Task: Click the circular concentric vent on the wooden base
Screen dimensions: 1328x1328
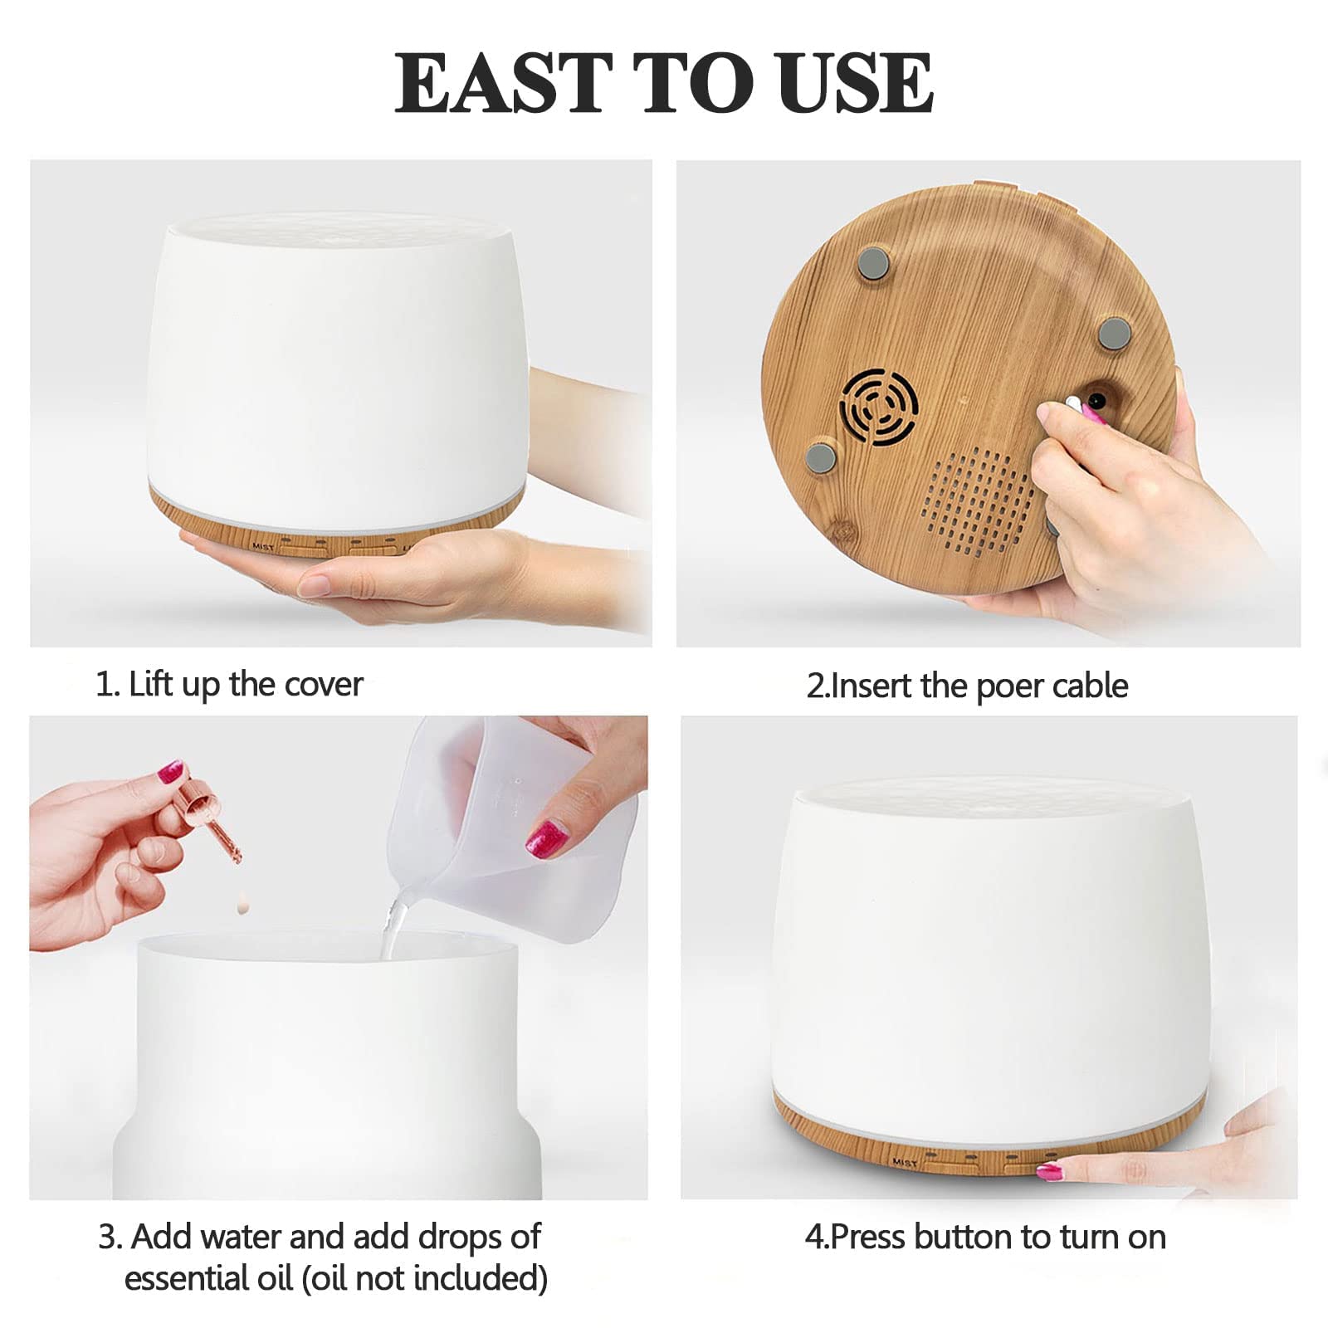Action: click(x=879, y=407)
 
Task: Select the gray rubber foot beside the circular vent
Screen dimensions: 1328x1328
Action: click(x=820, y=456)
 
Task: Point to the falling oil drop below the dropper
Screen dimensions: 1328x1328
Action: click(x=242, y=901)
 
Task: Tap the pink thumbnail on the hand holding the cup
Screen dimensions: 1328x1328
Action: click(x=547, y=837)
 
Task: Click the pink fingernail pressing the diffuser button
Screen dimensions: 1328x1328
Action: click(x=1051, y=1172)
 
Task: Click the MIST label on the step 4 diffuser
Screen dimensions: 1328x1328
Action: click(x=905, y=1163)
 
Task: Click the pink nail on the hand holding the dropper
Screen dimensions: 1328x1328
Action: click(x=171, y=771)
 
